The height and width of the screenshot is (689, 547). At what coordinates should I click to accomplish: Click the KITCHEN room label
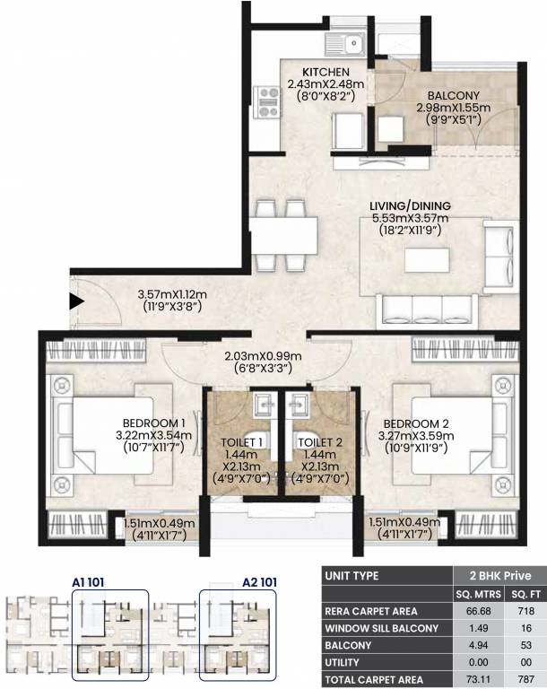[326, 72]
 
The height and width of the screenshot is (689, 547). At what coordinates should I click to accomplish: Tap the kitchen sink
[345, 44]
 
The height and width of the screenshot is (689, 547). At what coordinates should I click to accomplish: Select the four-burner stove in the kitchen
[267, 102]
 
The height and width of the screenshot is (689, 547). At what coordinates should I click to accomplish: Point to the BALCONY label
[454, 95]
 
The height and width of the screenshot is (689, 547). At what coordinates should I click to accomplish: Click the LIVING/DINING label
[410, 205]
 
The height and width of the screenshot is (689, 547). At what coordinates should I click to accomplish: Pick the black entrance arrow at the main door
[77, 301]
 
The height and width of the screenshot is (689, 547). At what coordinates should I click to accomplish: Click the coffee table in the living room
[427, 260]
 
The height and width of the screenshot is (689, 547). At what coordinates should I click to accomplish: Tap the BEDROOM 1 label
[153, 423]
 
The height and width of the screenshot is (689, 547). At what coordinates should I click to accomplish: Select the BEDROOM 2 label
[416, 423]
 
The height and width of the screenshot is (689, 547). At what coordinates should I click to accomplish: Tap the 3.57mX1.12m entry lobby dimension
[172, 294]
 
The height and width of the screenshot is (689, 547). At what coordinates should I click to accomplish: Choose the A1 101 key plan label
[88, 582]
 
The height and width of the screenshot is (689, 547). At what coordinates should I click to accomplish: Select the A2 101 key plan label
[260, 582]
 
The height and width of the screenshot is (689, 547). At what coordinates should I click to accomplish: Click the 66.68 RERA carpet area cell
[478, 611]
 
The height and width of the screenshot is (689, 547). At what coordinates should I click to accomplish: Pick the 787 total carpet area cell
[525, 679]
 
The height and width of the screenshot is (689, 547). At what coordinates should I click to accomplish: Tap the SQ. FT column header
[525, 595]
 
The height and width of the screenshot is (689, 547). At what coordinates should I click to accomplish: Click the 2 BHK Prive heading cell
[500, 576]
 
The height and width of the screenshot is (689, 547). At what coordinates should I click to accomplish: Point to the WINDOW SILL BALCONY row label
[381, 628]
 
